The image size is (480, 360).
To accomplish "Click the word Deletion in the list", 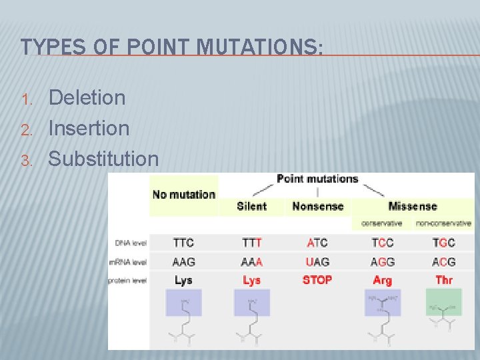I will [87, 98].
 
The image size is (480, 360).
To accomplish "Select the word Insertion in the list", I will [89, 128].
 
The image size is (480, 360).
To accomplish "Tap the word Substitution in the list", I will [104, 159].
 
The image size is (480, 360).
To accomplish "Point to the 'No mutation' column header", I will [184, 195].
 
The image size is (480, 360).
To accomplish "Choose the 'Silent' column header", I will [251, 207].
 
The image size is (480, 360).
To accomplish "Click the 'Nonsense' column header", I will [317, 207].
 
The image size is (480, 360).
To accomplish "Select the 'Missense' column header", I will [413, 207].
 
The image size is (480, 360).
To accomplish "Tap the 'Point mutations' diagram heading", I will [317, 179].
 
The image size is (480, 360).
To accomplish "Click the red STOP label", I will [317, 280].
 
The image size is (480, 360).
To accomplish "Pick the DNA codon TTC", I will [184, 243].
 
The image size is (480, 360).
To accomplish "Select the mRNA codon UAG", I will [317, 262].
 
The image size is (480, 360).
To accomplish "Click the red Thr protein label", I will [444, 280].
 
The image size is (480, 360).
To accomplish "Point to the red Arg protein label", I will [383, 280].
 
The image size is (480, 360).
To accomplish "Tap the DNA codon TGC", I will [444, 243].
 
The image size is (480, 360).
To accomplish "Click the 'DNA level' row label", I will [131, 243].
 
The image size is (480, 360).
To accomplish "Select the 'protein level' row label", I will [128, 281].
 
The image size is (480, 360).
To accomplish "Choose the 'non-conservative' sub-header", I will [444, 223].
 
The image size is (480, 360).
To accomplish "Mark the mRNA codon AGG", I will [383, 262].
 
